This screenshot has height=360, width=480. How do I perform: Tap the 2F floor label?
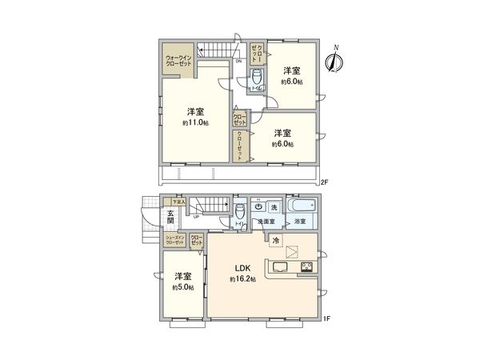323,183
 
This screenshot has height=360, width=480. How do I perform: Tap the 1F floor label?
326,319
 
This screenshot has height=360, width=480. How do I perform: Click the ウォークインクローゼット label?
178,62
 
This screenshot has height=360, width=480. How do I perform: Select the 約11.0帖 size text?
195,123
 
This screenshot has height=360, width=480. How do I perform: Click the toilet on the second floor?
256,78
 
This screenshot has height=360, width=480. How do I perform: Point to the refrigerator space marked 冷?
275,240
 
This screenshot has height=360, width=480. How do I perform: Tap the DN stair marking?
238,62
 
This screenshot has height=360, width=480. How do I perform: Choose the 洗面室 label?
266,220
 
